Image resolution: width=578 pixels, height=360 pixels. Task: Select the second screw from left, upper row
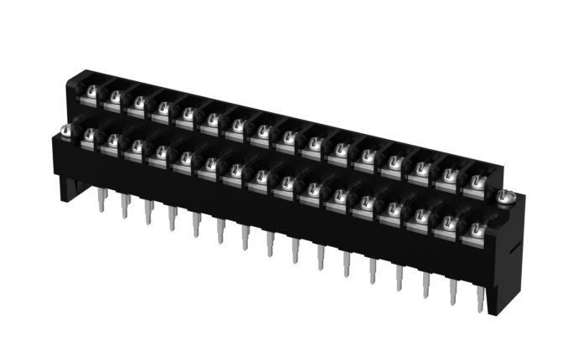pos(116,96)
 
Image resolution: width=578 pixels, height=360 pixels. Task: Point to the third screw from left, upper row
pos(139,102)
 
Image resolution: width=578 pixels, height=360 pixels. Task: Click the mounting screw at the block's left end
pos(66,129)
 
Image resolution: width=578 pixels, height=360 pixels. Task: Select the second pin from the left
pos(125,206)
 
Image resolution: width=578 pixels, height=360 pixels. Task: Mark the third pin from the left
pos(148,212)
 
